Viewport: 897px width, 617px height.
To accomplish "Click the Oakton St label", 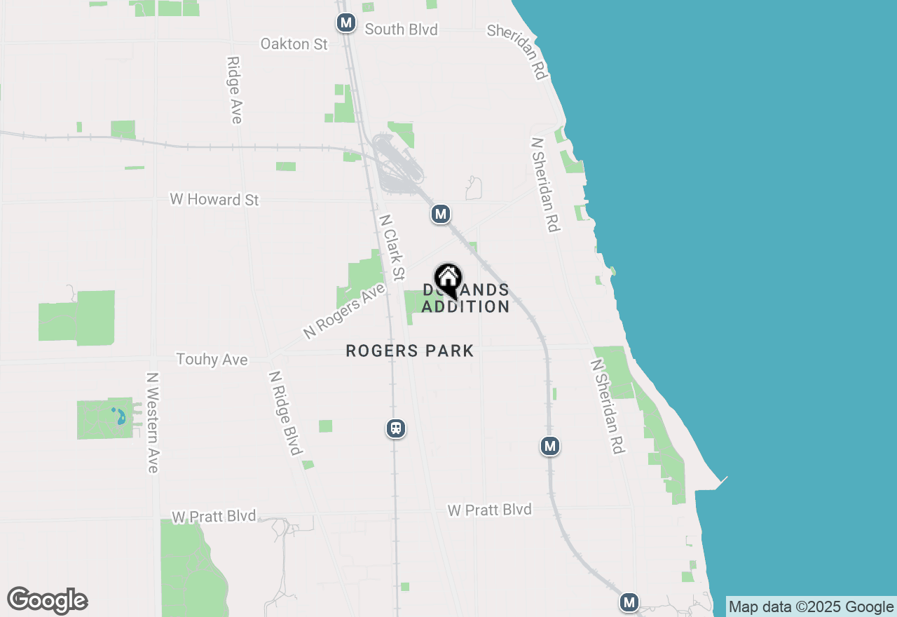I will (x=294, y=44).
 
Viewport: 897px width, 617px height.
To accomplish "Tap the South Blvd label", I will (x=401, y=29).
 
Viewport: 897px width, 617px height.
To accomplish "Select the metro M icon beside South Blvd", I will (x=345, y=22).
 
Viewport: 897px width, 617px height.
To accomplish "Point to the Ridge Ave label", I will (x=234, y=90).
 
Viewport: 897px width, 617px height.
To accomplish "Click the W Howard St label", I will (x=214, y=200).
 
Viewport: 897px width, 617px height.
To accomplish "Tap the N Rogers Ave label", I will (x=344, y=311).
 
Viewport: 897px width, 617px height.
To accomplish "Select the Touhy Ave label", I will (x=212, y=360).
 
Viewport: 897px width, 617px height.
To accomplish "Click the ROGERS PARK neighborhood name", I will (x=410, y=351).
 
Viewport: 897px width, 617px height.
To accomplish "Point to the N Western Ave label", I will (x=153, y=422).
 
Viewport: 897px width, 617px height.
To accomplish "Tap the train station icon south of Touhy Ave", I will (x=396, y=428).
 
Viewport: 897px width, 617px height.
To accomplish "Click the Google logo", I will (x=48, y=600).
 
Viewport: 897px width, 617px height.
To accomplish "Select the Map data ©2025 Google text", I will (x=812, y=607).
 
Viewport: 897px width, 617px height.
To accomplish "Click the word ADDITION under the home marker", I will (x=465, y=306).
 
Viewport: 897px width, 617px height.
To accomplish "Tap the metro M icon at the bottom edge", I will (x=629, y=602).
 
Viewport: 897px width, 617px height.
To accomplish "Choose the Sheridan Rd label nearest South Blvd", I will (x=517, y=51).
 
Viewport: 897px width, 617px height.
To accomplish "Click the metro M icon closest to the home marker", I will (x=440, y=214).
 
